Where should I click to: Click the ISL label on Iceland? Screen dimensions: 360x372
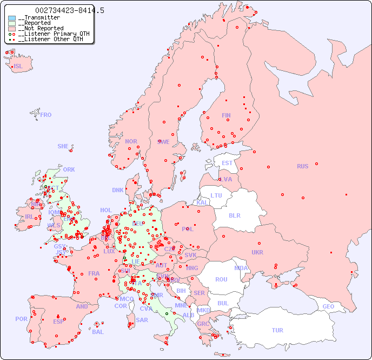click(18, 67)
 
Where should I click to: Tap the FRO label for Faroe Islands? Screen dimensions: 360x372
click(46, 115)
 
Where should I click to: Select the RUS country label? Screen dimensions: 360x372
click(302, 166)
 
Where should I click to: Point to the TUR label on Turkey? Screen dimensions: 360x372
click(277, 330)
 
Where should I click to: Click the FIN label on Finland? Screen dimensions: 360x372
click(226, 115)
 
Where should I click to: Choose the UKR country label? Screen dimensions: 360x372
click(257, 252)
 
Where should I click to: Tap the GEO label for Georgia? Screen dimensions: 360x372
click(328, 306)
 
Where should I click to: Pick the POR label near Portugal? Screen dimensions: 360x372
click(21, 319)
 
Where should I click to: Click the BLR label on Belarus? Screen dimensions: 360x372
click(234, 215)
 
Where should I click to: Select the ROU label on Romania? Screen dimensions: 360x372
click(221, 279)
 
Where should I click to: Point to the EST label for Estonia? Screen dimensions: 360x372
click(227, 163)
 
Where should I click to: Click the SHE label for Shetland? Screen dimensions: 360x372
click(63, 146)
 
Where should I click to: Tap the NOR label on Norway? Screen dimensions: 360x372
click(131, 141)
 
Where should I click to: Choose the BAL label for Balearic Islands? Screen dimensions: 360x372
click(98, 332)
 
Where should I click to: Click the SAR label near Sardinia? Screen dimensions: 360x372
click(142, 320)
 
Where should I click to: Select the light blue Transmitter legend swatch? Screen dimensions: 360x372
click(12, 18)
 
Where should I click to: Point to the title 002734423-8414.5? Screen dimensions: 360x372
click(70, 10)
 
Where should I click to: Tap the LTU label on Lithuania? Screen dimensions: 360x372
click(216, 195)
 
